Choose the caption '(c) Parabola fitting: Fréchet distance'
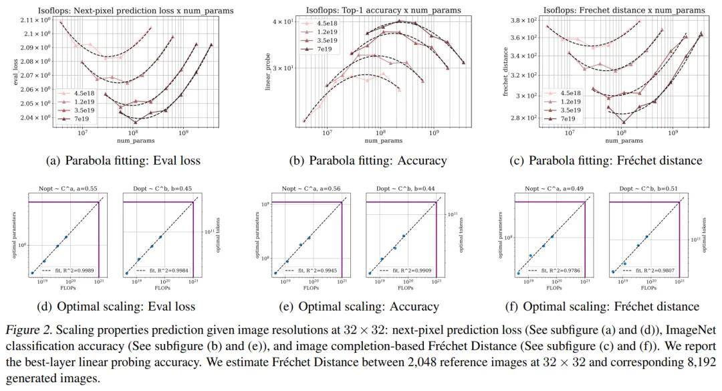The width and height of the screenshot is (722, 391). tap(615, 160)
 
